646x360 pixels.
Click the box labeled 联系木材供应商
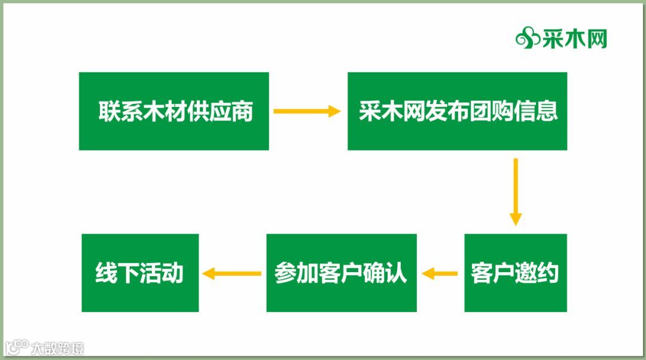pos(173,111)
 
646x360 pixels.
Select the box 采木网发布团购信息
pos(457,111)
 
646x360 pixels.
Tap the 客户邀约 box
pos(515,273)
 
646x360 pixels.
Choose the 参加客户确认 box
pos(341,273)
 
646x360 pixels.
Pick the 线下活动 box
pos(139,273)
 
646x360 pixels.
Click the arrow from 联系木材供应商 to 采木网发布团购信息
pos(307,111)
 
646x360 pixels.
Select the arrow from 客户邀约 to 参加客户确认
pos(440,274)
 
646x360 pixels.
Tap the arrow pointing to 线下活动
pos(232,274)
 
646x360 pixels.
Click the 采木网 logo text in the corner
pos(575,39)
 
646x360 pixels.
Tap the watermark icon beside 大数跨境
pos(17,347)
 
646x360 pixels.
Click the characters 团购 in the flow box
pos(490,111)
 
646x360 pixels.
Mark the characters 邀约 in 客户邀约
pos(537,273)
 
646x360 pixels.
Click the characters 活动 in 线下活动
pos(161,273)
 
